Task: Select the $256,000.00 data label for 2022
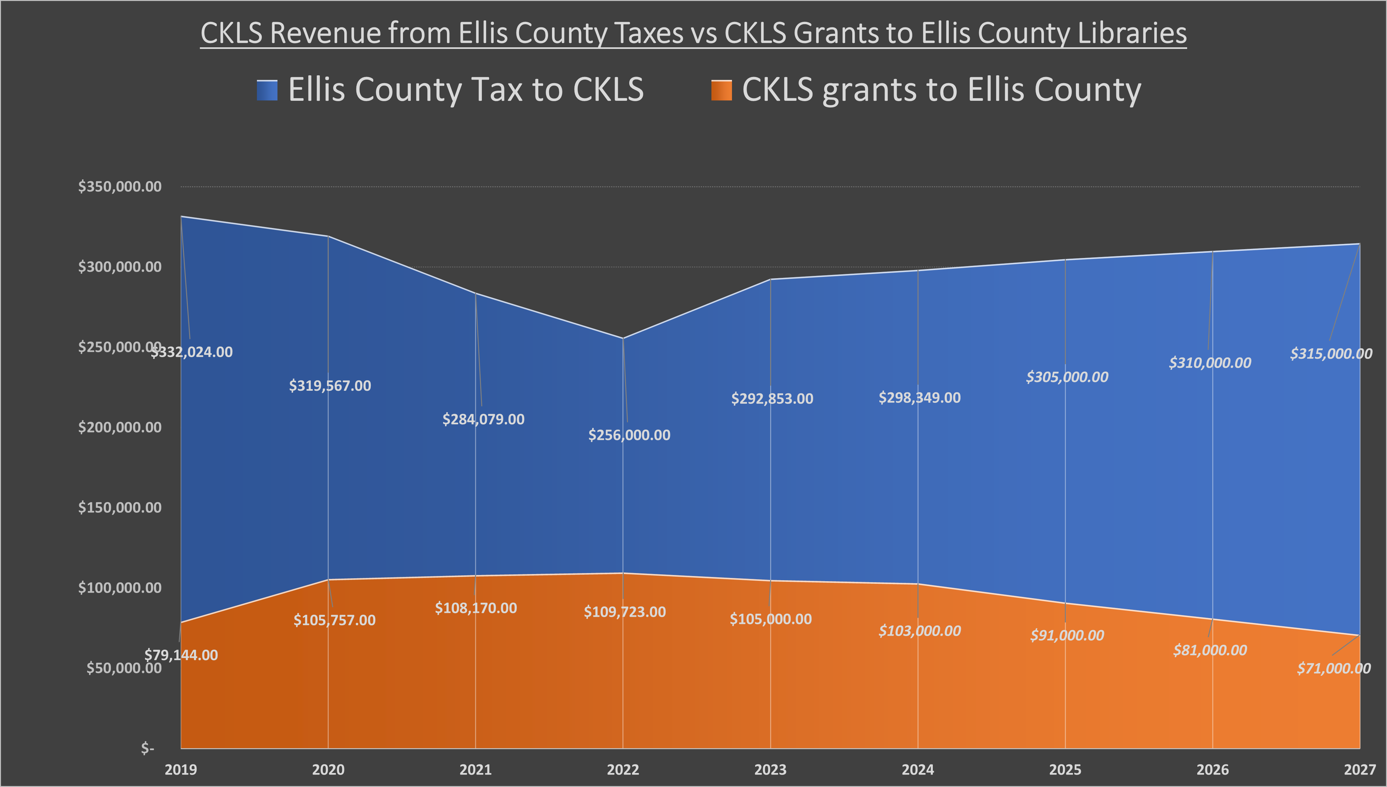[x=630, y=435]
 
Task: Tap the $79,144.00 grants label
[x=181, y=655]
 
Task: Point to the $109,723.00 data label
[x=625, y=612]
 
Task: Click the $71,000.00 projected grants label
[x=1334, y=669]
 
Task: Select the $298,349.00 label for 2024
[x=920, y=398]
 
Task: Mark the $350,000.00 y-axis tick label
[x=120, y=187]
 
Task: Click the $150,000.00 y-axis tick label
[x=120, y=507]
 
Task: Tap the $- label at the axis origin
[x=147, y=748]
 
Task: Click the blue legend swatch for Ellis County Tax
[x=267, y=90]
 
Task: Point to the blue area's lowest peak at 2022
[x=623, y=338]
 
